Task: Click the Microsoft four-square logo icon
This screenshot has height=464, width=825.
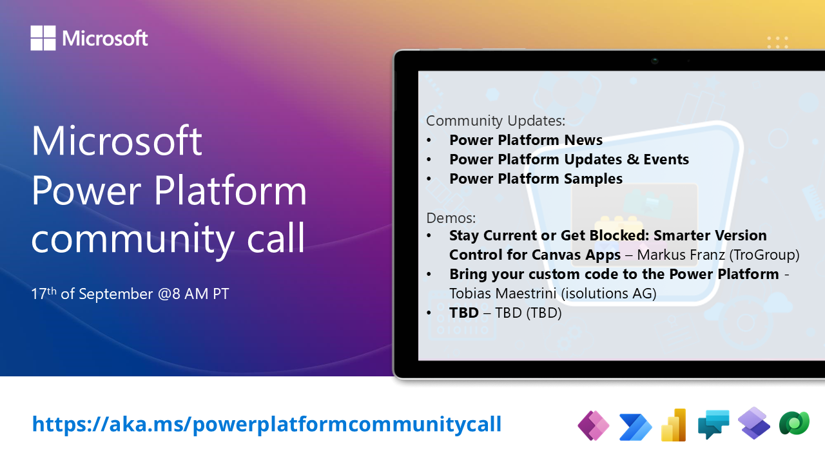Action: click(43, 37)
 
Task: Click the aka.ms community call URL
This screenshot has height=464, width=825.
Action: click(267, 424)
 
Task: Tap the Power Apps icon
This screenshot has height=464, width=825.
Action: click(593, 425)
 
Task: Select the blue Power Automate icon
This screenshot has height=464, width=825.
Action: click(636, 427)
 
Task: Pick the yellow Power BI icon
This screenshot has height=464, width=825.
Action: click(674, 425)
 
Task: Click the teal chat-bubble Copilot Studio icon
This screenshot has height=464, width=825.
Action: click(713, 424)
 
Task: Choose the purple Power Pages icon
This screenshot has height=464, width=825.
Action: click(754, 423)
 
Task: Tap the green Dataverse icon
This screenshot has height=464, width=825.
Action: click(795, 423)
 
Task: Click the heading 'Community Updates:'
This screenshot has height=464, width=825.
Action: click(496, 121)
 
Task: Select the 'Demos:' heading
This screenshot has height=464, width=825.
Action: click(451, 218)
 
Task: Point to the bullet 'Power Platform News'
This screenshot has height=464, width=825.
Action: click(526, 140)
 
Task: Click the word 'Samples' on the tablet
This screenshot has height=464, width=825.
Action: click(593, 179)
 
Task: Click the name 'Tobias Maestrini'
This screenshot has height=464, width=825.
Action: click(503, 293)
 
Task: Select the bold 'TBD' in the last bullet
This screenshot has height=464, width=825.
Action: click(463, 313)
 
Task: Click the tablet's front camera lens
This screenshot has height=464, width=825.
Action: click(654, 61)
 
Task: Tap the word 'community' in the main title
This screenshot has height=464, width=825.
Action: click(133, 239)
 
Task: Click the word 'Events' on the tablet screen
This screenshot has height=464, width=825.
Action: click(666, 159)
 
